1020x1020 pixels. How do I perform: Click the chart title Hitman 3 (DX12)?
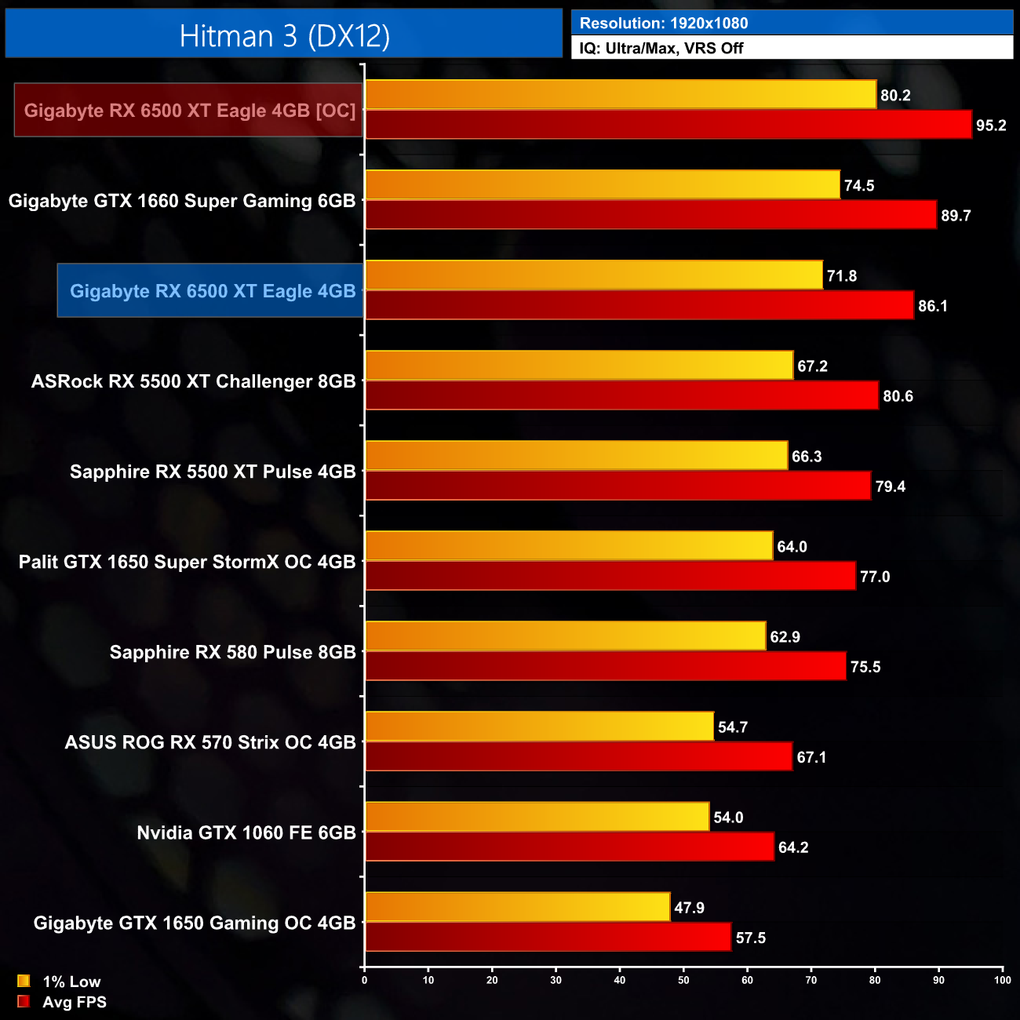(284, 36)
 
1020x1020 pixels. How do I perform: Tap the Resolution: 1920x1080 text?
(663, 24)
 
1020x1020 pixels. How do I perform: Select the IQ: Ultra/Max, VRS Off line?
(661, 49)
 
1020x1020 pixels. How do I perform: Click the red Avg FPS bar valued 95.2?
(668, 125)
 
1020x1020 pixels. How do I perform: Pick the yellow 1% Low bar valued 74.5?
(602, 185)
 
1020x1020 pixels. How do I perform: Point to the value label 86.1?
(932, 306)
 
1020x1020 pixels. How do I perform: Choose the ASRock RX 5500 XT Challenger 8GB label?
(193, 381)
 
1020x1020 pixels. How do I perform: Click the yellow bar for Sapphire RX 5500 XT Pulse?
(576, 456)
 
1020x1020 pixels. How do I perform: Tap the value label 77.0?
(874, 577)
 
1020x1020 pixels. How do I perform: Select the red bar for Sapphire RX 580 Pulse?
(605, 666)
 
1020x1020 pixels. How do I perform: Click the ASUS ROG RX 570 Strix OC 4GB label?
(210, 742)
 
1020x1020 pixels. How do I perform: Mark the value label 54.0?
(728, 818)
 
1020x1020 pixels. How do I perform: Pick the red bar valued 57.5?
(548, 937)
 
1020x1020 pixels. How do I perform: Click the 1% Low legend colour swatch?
(24, 981)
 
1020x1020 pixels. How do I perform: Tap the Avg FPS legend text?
(75, 1002)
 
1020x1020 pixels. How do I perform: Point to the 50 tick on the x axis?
(683, 979)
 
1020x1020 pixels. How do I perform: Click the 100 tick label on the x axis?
(1002, 979)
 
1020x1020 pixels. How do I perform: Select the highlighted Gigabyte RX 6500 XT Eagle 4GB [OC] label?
(189, 111)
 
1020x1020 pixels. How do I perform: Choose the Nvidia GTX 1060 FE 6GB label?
(246, 832)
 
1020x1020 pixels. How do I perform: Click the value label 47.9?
(689, 908)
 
